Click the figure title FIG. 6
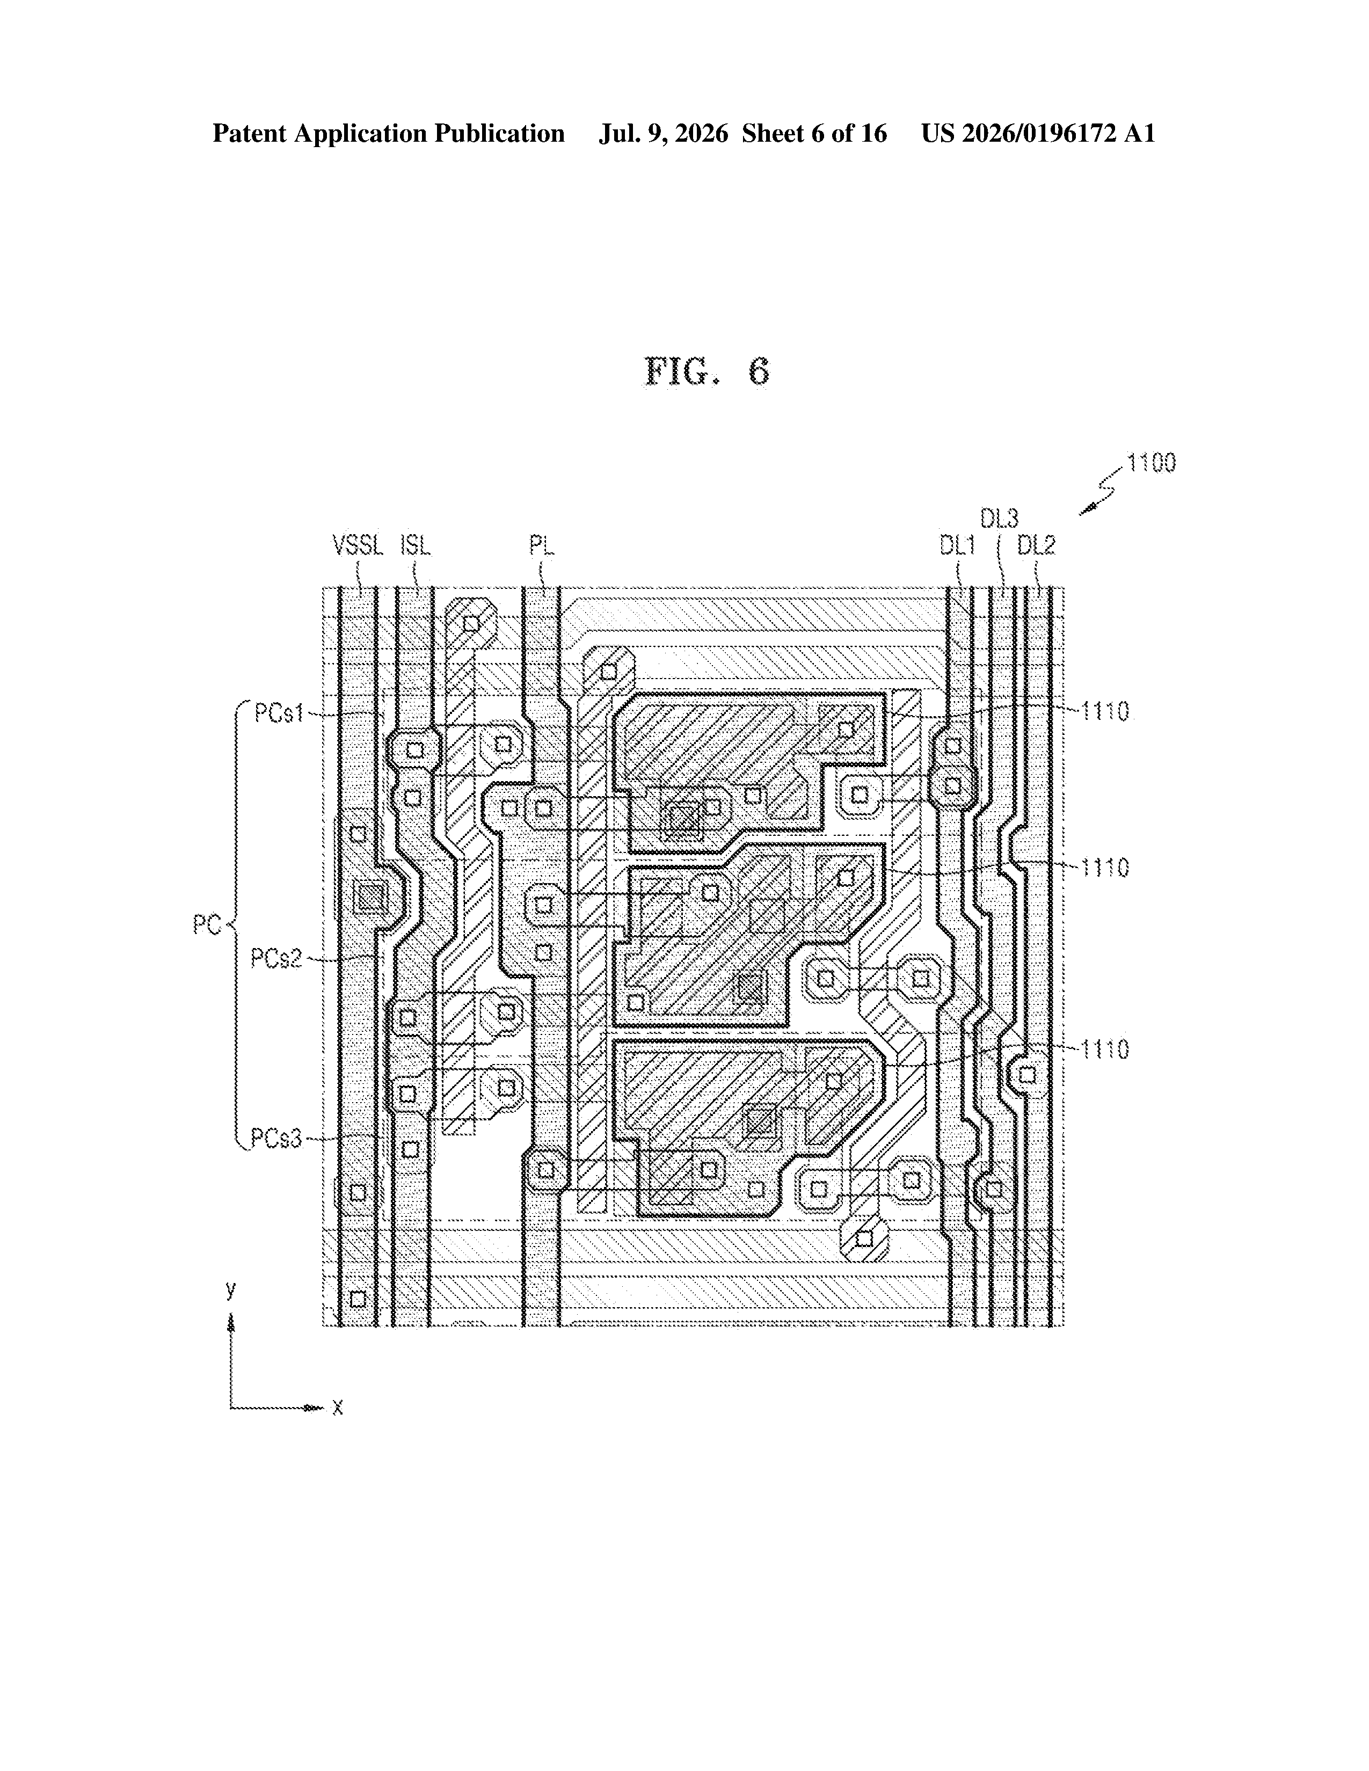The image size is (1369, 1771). coord(707,371)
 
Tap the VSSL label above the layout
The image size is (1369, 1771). coord(358,546)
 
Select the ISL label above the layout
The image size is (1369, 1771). coord(415,546)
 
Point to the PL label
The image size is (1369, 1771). coord(542,546)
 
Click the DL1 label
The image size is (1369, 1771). coord(957,546)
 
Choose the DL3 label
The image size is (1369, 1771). coord(999,518)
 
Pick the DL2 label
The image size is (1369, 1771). coord(1037,546)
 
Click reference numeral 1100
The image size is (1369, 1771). coord(1152,463)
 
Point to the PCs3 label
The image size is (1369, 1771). coord(276,1139)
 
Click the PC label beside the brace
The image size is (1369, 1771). coord(207,925)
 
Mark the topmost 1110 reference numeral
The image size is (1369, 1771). coord(1105,712)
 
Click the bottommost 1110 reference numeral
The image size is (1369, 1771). coord(1105,1050)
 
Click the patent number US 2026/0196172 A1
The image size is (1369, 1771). coord(1038,134)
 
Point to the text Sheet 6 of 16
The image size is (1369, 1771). coord(814,134)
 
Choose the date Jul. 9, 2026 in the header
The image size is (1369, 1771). coord(664,134)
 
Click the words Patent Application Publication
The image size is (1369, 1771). coord(389,134)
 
